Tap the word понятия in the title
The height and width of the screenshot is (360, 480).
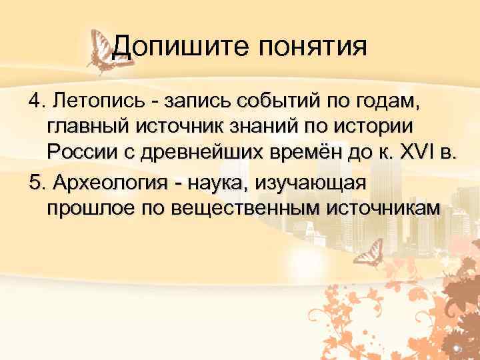(x=308, y=48)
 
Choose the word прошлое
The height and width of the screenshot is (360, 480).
(x=89, y=207)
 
